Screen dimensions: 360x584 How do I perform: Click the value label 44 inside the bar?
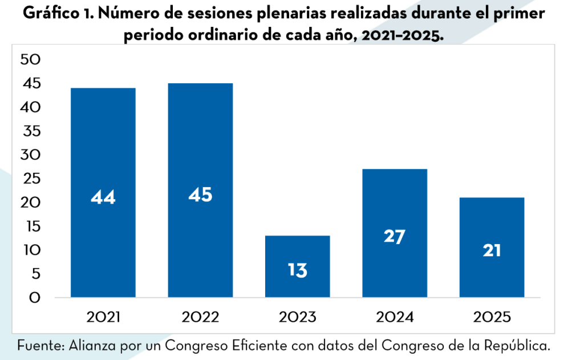[103, 197]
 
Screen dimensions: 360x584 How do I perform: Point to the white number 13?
[297, 270]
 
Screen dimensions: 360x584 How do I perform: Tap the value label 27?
[395, 236]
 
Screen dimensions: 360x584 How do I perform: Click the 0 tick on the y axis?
[35, 298]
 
